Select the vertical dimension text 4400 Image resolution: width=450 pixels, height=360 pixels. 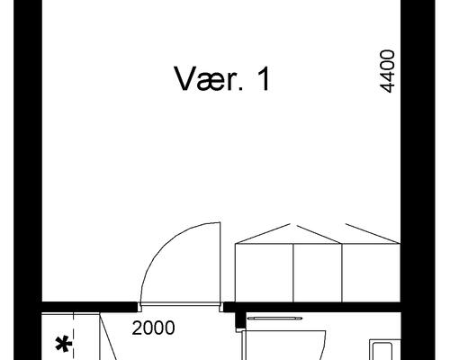coord(388,72)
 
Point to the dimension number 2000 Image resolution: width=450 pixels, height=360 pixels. coord(153,329)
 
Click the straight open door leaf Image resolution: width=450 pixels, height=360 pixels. coord(217,265)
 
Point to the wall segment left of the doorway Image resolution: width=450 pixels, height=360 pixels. coord(90,307)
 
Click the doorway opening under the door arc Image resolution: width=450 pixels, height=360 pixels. coord(180,307)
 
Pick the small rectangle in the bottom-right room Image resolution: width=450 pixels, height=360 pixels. coord(382,351)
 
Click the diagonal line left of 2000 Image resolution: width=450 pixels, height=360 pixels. coord(106,337)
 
